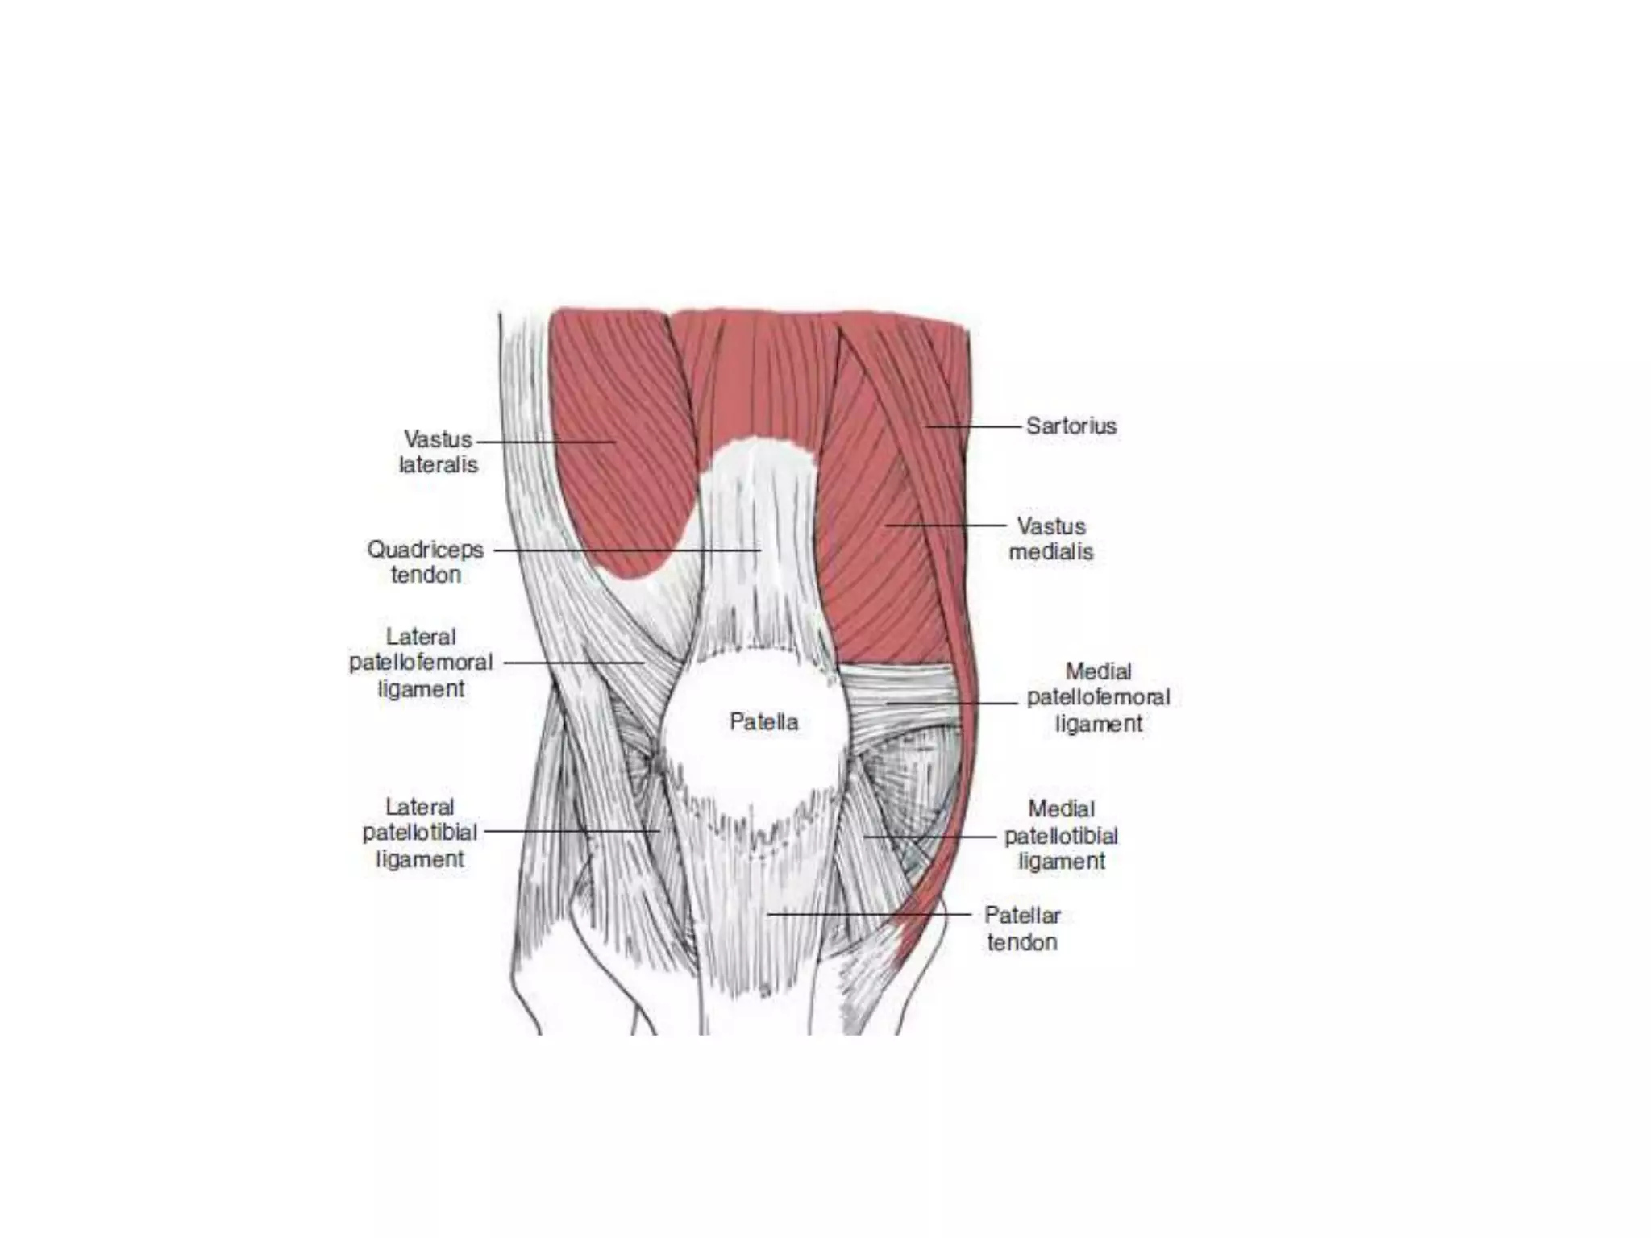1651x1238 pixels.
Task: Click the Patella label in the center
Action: coord(763,721)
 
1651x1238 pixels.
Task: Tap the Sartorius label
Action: coord(1071,426)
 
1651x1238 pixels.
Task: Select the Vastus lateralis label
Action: coord(438,452)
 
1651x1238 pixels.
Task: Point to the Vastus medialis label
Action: coord(1051,539)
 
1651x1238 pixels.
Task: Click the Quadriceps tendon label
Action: coord(425,562)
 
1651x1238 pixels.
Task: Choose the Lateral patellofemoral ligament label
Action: coord(420,663)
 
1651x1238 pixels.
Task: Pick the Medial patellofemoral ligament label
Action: coord(1098,697)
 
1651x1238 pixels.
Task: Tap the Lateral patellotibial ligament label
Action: coord(419,833)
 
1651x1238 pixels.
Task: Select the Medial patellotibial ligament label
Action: coord(1061,835)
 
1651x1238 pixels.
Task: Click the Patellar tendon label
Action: coord(1022,928)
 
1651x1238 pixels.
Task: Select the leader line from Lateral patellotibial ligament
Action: coord(572,831)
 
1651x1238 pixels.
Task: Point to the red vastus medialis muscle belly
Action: coord(879,564)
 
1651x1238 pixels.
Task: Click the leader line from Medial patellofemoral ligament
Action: coord(951,703)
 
